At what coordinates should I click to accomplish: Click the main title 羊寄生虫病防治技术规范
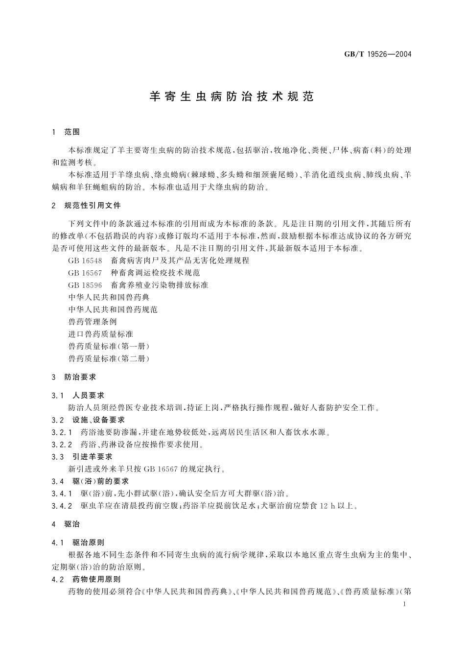[232, 96]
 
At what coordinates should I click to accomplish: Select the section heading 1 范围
[66, 132]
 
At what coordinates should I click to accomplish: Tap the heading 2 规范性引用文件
[86, 206]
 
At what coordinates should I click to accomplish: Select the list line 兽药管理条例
[93, 322]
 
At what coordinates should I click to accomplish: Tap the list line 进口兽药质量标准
[100, 334]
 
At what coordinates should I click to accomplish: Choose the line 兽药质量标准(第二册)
[109, 358]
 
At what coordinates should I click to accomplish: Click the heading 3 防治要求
[74, 377]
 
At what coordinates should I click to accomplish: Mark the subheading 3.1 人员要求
[78, 395]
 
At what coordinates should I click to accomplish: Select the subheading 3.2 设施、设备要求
[89, 420]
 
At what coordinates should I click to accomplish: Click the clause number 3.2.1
[62, 432]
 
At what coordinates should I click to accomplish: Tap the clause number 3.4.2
[62, 506]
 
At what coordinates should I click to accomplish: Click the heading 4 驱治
[66, 524]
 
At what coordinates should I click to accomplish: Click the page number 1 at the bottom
[404, 605]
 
